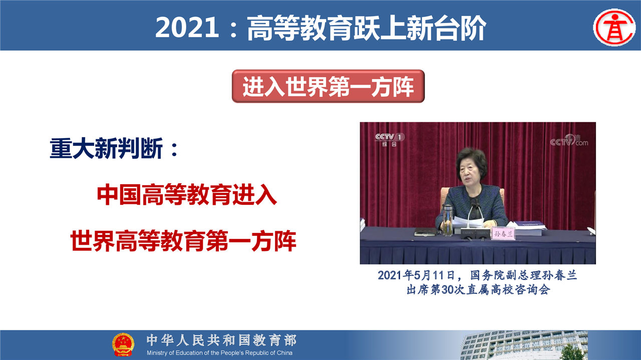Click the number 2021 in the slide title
[187, 28]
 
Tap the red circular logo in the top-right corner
[614, 28]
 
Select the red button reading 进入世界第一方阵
[328, 86]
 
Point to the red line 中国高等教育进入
[187, 195]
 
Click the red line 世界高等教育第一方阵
[183, 241]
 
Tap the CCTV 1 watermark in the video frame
[390, 140]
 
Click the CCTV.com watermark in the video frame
[569, 141]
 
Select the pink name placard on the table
[503, 233]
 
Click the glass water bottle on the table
[447, 220]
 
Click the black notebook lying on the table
[426, 232]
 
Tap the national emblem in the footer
[123, 344]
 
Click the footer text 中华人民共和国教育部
[221, 340]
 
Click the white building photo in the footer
[524, 345]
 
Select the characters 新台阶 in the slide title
[446, 28]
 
